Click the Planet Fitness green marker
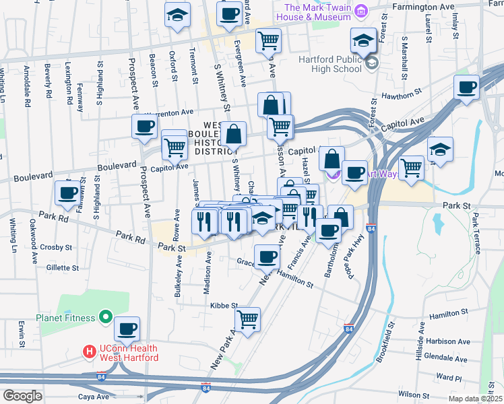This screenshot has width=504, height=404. pyautogui.click(x=105, y=316)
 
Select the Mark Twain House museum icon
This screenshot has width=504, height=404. pyautogui.click(x=361, y=11)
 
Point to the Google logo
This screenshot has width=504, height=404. pyautogui.click(x=22, y=396)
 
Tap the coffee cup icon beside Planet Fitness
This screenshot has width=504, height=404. pyautogui.click(x=127, y=329)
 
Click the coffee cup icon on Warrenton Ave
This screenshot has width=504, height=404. pyautogui.click(x=144, y=126)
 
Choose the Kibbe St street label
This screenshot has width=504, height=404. pyautogui.click(x=225, y=305)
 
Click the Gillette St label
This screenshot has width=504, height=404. pyautogui.click(x=62, y=268)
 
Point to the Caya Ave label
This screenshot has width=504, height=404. pyautogui.click(x=93, y=397)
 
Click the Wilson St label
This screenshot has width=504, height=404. pyautogui.click(x=413, y=393)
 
